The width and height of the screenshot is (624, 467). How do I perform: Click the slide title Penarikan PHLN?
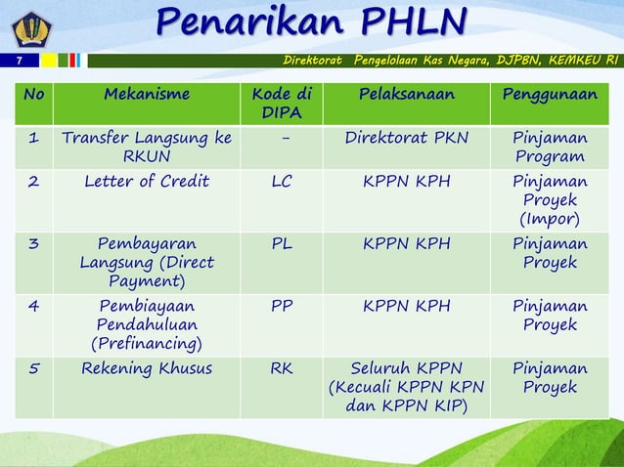[311, 21]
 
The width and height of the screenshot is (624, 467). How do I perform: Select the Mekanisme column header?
[147, 95]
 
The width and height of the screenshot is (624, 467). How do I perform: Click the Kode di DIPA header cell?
[281, 105]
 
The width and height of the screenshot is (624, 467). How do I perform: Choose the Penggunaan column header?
[550, 95]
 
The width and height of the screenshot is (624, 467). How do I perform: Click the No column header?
[33, 95]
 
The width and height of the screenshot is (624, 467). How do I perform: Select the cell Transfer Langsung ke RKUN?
[147, 148]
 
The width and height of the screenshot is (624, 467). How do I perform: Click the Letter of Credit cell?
[147, 182]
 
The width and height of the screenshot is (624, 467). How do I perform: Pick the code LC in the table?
[281, 182]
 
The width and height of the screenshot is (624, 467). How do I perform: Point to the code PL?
[281, 244]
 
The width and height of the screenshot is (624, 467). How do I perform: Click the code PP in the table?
[281, 307]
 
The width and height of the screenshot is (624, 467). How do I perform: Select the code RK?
[281, 369]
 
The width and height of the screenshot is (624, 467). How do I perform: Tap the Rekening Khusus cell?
[147, 369]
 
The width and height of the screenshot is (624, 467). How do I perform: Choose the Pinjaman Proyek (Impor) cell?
[550, 199]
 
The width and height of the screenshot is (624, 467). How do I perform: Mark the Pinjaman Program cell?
[550, 148]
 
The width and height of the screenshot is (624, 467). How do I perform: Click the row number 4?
[33, 307]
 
